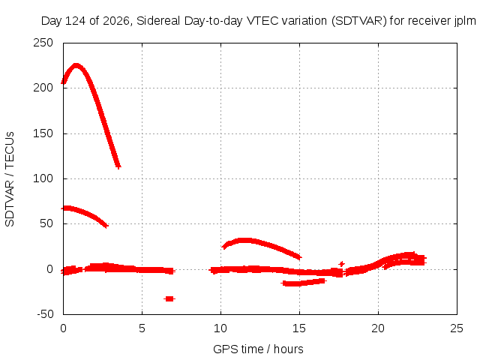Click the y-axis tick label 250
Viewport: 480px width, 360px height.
tap(43, 43)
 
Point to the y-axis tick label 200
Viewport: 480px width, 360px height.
tap(43, 88)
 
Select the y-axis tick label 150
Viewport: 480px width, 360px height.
tap(43, 133)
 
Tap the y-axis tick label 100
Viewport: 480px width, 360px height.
tap(43, 178)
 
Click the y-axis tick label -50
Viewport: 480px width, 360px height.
tap(45, 314)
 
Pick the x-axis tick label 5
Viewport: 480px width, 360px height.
tap(142, 328)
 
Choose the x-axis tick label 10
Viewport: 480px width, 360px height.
tap(220, 328)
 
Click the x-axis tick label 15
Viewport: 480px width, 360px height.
tap(299, 328)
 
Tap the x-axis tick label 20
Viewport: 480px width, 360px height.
tap(378, 328)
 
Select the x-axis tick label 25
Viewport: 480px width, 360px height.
tap(457, 328)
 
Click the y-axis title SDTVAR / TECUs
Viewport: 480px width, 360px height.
tap(10, 179)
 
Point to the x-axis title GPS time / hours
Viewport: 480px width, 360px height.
tap(258, 349)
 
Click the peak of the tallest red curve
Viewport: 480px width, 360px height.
tap(76, 65)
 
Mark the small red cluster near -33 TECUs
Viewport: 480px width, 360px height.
tap(169, 298)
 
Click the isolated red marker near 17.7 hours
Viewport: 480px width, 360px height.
tap(342, 264)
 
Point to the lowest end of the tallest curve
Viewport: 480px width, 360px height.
tap(118, 166)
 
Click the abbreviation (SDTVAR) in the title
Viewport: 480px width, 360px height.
tap(358, 21)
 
